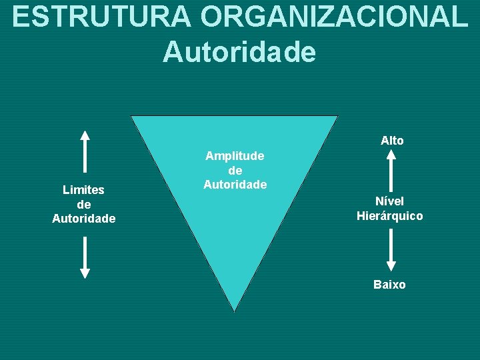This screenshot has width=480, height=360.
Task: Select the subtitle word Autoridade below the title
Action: (239, 52)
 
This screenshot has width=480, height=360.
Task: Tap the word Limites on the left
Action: (83, 190)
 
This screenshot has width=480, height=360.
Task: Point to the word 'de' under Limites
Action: (84, 204)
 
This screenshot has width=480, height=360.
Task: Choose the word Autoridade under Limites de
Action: (84, 219)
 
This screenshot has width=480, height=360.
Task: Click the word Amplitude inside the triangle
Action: (235, 156)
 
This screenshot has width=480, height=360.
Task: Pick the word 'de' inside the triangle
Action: (235, 170)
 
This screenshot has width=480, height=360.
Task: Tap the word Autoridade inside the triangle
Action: (235, 185)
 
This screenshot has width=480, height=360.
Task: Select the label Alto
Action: (392, 141)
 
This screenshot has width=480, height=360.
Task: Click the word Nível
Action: (389, 201)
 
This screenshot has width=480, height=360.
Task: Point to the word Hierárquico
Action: (389, 216)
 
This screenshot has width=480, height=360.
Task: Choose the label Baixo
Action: (389, 285)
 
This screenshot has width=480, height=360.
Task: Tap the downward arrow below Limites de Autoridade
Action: (85, 257)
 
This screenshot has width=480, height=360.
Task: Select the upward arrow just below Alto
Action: (391, 170)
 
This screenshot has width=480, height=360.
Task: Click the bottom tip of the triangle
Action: (235, 310)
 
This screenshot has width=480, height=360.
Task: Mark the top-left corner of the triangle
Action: (132, 117)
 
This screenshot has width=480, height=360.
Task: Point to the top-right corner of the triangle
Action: (337, 117)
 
